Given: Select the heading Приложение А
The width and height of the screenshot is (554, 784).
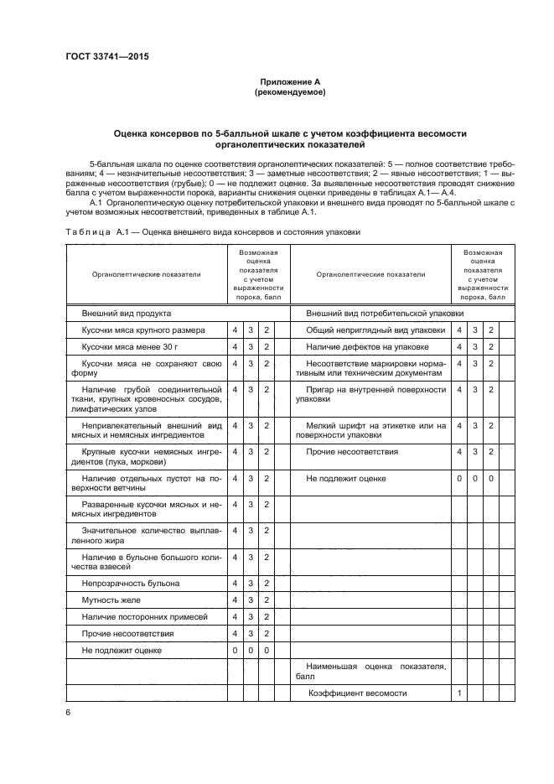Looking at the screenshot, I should coord(290,81).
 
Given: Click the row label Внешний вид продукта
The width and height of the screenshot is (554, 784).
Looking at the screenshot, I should coord(126,313).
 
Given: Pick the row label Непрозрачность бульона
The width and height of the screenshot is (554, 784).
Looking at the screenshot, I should coord(130,583).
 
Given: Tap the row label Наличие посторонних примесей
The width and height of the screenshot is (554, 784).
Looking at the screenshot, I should coord(143,617).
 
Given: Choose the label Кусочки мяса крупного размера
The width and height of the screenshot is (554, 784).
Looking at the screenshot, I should coord(142,330).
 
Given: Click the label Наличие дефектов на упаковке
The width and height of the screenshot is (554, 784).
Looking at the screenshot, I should coord(367,346).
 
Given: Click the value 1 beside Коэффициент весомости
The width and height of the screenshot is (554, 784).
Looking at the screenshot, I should coord(459,693).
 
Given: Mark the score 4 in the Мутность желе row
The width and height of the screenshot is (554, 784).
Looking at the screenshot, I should coord(236,600).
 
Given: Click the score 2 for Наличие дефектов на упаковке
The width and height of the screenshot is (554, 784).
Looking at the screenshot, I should coord(491,346).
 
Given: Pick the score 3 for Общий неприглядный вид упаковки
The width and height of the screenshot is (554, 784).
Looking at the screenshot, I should coord(475,330).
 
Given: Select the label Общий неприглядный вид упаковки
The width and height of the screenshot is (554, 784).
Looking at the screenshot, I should coord(375,330).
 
